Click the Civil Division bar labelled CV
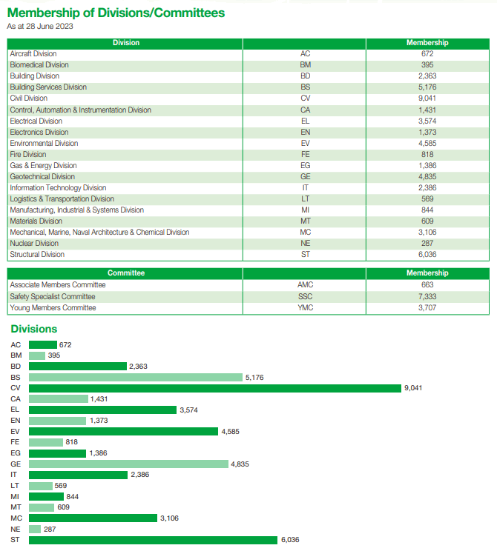click(214, 388)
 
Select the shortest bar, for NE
click(35, 529)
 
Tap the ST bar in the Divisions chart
click(153, 540)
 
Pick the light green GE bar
click(128, 464)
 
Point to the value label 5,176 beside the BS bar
click(254, 378)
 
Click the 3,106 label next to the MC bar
click(169, 518)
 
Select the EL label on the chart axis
click(15, 410)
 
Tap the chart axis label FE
click(15, 441)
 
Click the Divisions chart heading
click(34, 329)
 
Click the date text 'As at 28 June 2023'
click(40, 27)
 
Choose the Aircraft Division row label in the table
click(33, 54)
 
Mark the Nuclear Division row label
click(34, 243)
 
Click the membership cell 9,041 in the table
click(427, 98)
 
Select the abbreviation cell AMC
click(305, 284)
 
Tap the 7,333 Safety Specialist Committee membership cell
click(427, 296)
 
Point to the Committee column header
click(126, 273)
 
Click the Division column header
click(126, 42)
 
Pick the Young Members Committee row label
click(53, 308)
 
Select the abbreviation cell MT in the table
click(305, 221)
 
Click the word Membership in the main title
click(43, 13)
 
